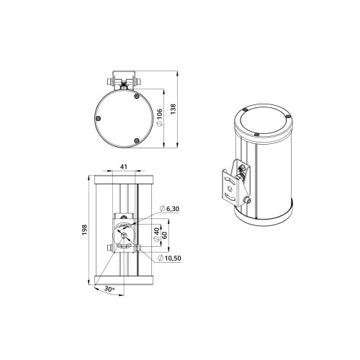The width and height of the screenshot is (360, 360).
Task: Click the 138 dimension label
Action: (174, 109)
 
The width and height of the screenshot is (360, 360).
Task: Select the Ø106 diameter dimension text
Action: (159, 117)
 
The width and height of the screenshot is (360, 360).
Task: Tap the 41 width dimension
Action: (124, 166)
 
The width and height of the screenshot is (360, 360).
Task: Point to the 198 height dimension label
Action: (84, 230)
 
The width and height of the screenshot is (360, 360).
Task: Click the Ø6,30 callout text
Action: (169, 209)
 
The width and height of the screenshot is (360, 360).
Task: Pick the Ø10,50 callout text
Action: (169, 258)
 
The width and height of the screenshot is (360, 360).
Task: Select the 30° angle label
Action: (109, 289)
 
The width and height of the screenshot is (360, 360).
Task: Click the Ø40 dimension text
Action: (156, 235)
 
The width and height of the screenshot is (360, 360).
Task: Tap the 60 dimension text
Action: (165, 235)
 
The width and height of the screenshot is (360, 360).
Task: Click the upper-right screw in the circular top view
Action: (137, 96)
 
